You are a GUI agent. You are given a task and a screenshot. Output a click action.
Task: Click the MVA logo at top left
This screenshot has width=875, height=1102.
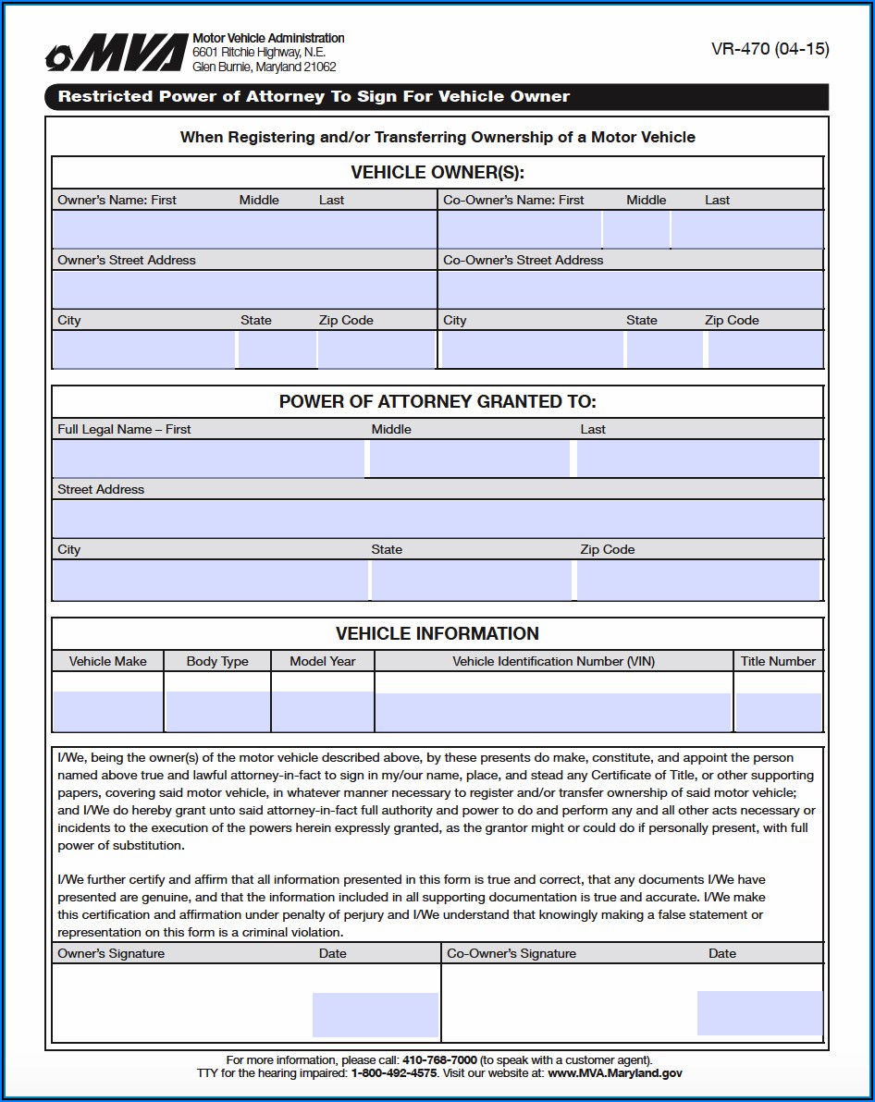[117, 55]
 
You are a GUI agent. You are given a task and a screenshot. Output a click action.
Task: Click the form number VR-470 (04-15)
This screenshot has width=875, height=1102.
[770, 50]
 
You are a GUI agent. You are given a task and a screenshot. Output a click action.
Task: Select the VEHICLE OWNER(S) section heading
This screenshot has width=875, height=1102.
[437, 173]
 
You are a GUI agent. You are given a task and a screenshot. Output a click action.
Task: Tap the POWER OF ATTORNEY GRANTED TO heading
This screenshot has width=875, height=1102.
[437, 402]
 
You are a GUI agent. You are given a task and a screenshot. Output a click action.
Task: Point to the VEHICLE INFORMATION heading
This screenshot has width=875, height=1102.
[437, 633]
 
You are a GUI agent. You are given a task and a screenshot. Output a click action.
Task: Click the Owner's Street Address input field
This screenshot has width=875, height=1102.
[244, 289]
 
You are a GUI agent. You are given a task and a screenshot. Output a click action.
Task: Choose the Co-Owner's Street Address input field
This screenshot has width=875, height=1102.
[631, 289]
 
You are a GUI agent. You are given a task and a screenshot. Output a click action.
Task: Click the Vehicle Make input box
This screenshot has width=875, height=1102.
[108, 711]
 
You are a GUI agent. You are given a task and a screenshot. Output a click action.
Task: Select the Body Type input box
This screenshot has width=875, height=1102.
[217, 711]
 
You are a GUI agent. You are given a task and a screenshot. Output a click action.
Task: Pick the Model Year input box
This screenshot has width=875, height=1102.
[323, 711]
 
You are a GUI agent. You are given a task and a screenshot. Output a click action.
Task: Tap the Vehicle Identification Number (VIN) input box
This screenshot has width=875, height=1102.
[553, 711]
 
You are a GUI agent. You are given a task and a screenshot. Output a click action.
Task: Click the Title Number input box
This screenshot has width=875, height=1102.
[778, 711]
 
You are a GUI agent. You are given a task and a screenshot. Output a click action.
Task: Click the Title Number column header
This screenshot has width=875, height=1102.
[778, 661]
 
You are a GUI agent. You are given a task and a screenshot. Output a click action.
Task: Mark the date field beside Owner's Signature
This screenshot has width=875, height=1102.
[375, 1014]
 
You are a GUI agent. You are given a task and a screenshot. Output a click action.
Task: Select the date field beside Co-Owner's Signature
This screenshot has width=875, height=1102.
[759, 1012]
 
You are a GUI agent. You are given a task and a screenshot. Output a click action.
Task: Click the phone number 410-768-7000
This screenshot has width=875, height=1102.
[439, 1059]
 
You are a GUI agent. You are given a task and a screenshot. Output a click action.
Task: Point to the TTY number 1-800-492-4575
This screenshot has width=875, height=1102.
[393, 1073]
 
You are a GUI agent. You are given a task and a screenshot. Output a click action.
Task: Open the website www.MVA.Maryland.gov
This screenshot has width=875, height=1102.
[614, 1073]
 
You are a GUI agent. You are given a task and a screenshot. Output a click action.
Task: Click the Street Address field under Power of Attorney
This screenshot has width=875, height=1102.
[437, 519]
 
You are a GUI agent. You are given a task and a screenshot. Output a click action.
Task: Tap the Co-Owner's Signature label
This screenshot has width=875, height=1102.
[511, 953]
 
